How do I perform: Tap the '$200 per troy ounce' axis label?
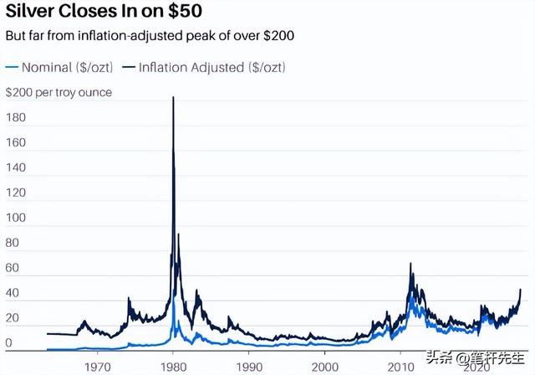pos(59,92)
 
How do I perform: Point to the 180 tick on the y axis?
pos(15,118)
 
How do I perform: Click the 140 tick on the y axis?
pos(15,168)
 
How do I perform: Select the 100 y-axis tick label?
pos(15,218)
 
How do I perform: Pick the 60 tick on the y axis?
pos(13,269)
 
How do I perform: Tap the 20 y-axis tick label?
pos(13,319)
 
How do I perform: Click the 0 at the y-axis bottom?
pos(9,343)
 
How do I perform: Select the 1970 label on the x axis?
pos(98,367)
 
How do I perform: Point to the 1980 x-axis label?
pos(173,367)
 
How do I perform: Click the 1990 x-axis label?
pos(249,367)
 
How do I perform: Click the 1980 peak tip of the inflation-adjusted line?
pos(173,98)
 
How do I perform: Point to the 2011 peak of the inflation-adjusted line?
pos(410,265)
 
